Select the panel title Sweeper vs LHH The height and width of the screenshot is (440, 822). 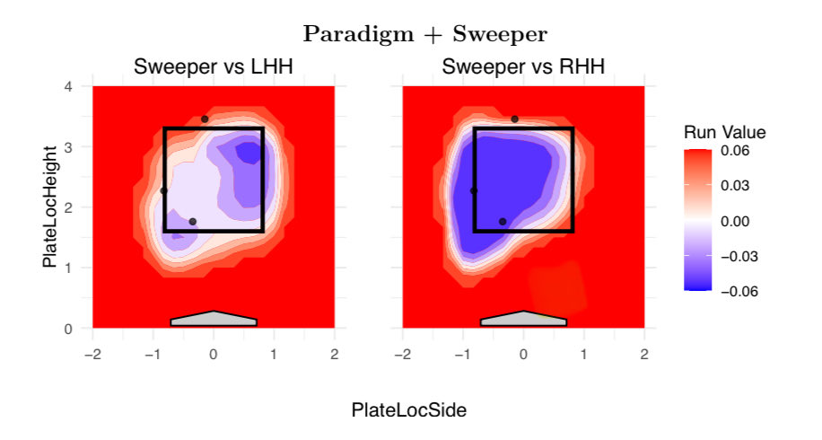click(x=213, y=67)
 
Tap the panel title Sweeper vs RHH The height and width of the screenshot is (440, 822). click(x=523, y=67)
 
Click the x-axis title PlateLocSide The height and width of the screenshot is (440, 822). click(x=409, y=410)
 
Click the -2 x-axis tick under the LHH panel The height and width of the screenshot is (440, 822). click(x=92, y=354)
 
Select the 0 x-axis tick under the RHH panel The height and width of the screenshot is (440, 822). click(x=523, y=354)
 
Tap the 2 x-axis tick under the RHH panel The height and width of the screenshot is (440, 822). click(x=644, y=354)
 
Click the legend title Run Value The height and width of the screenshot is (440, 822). click(x=724, y=133)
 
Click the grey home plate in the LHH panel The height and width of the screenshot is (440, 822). click(x=214, y=319)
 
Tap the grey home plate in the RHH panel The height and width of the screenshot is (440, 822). click(x=523, y=319)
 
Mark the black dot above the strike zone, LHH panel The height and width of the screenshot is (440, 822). click(x=205, y=119)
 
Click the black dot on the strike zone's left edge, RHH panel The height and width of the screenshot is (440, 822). click(x=474, y=190)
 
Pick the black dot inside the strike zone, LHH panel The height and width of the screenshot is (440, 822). click(x=193, y=221)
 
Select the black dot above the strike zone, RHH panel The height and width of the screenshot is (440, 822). click(x=514, y=119)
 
